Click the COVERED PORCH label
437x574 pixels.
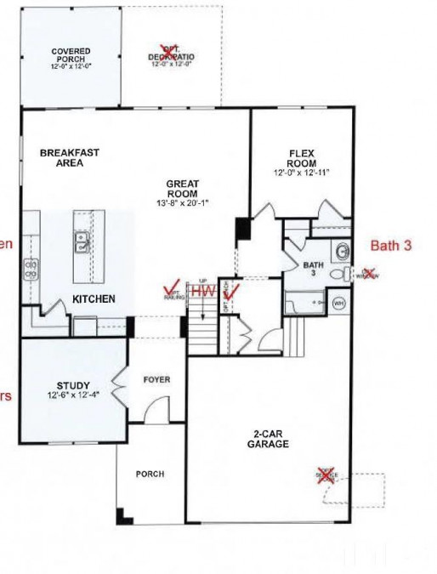coord(71,56)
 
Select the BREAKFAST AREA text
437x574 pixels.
coord(70,157)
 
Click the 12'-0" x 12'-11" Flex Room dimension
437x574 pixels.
coord(301,173)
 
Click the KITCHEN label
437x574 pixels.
coord(94,298)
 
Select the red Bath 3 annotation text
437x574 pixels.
coord(391,245)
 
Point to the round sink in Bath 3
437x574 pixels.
coord(341,251)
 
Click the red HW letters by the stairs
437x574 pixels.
coord(203,291)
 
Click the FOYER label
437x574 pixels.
coord(156,380)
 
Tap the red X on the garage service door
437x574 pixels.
coord(325,476)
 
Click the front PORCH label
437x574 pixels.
coord(150,474)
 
